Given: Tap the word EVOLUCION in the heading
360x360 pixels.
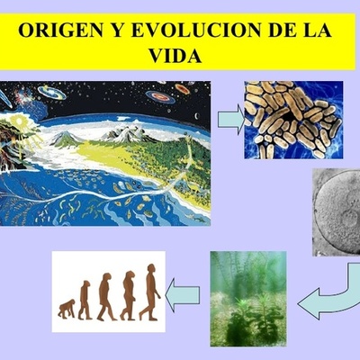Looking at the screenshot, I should coord(184,29).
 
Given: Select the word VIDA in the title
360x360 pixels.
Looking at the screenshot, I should coord(179,53).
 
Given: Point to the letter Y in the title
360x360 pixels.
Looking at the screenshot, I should coord(114,29).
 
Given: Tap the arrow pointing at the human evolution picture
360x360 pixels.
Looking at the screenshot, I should coord(185,292).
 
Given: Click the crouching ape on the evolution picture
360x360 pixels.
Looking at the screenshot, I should coord(65,310).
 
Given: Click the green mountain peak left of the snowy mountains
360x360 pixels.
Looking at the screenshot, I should coord(66,139).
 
